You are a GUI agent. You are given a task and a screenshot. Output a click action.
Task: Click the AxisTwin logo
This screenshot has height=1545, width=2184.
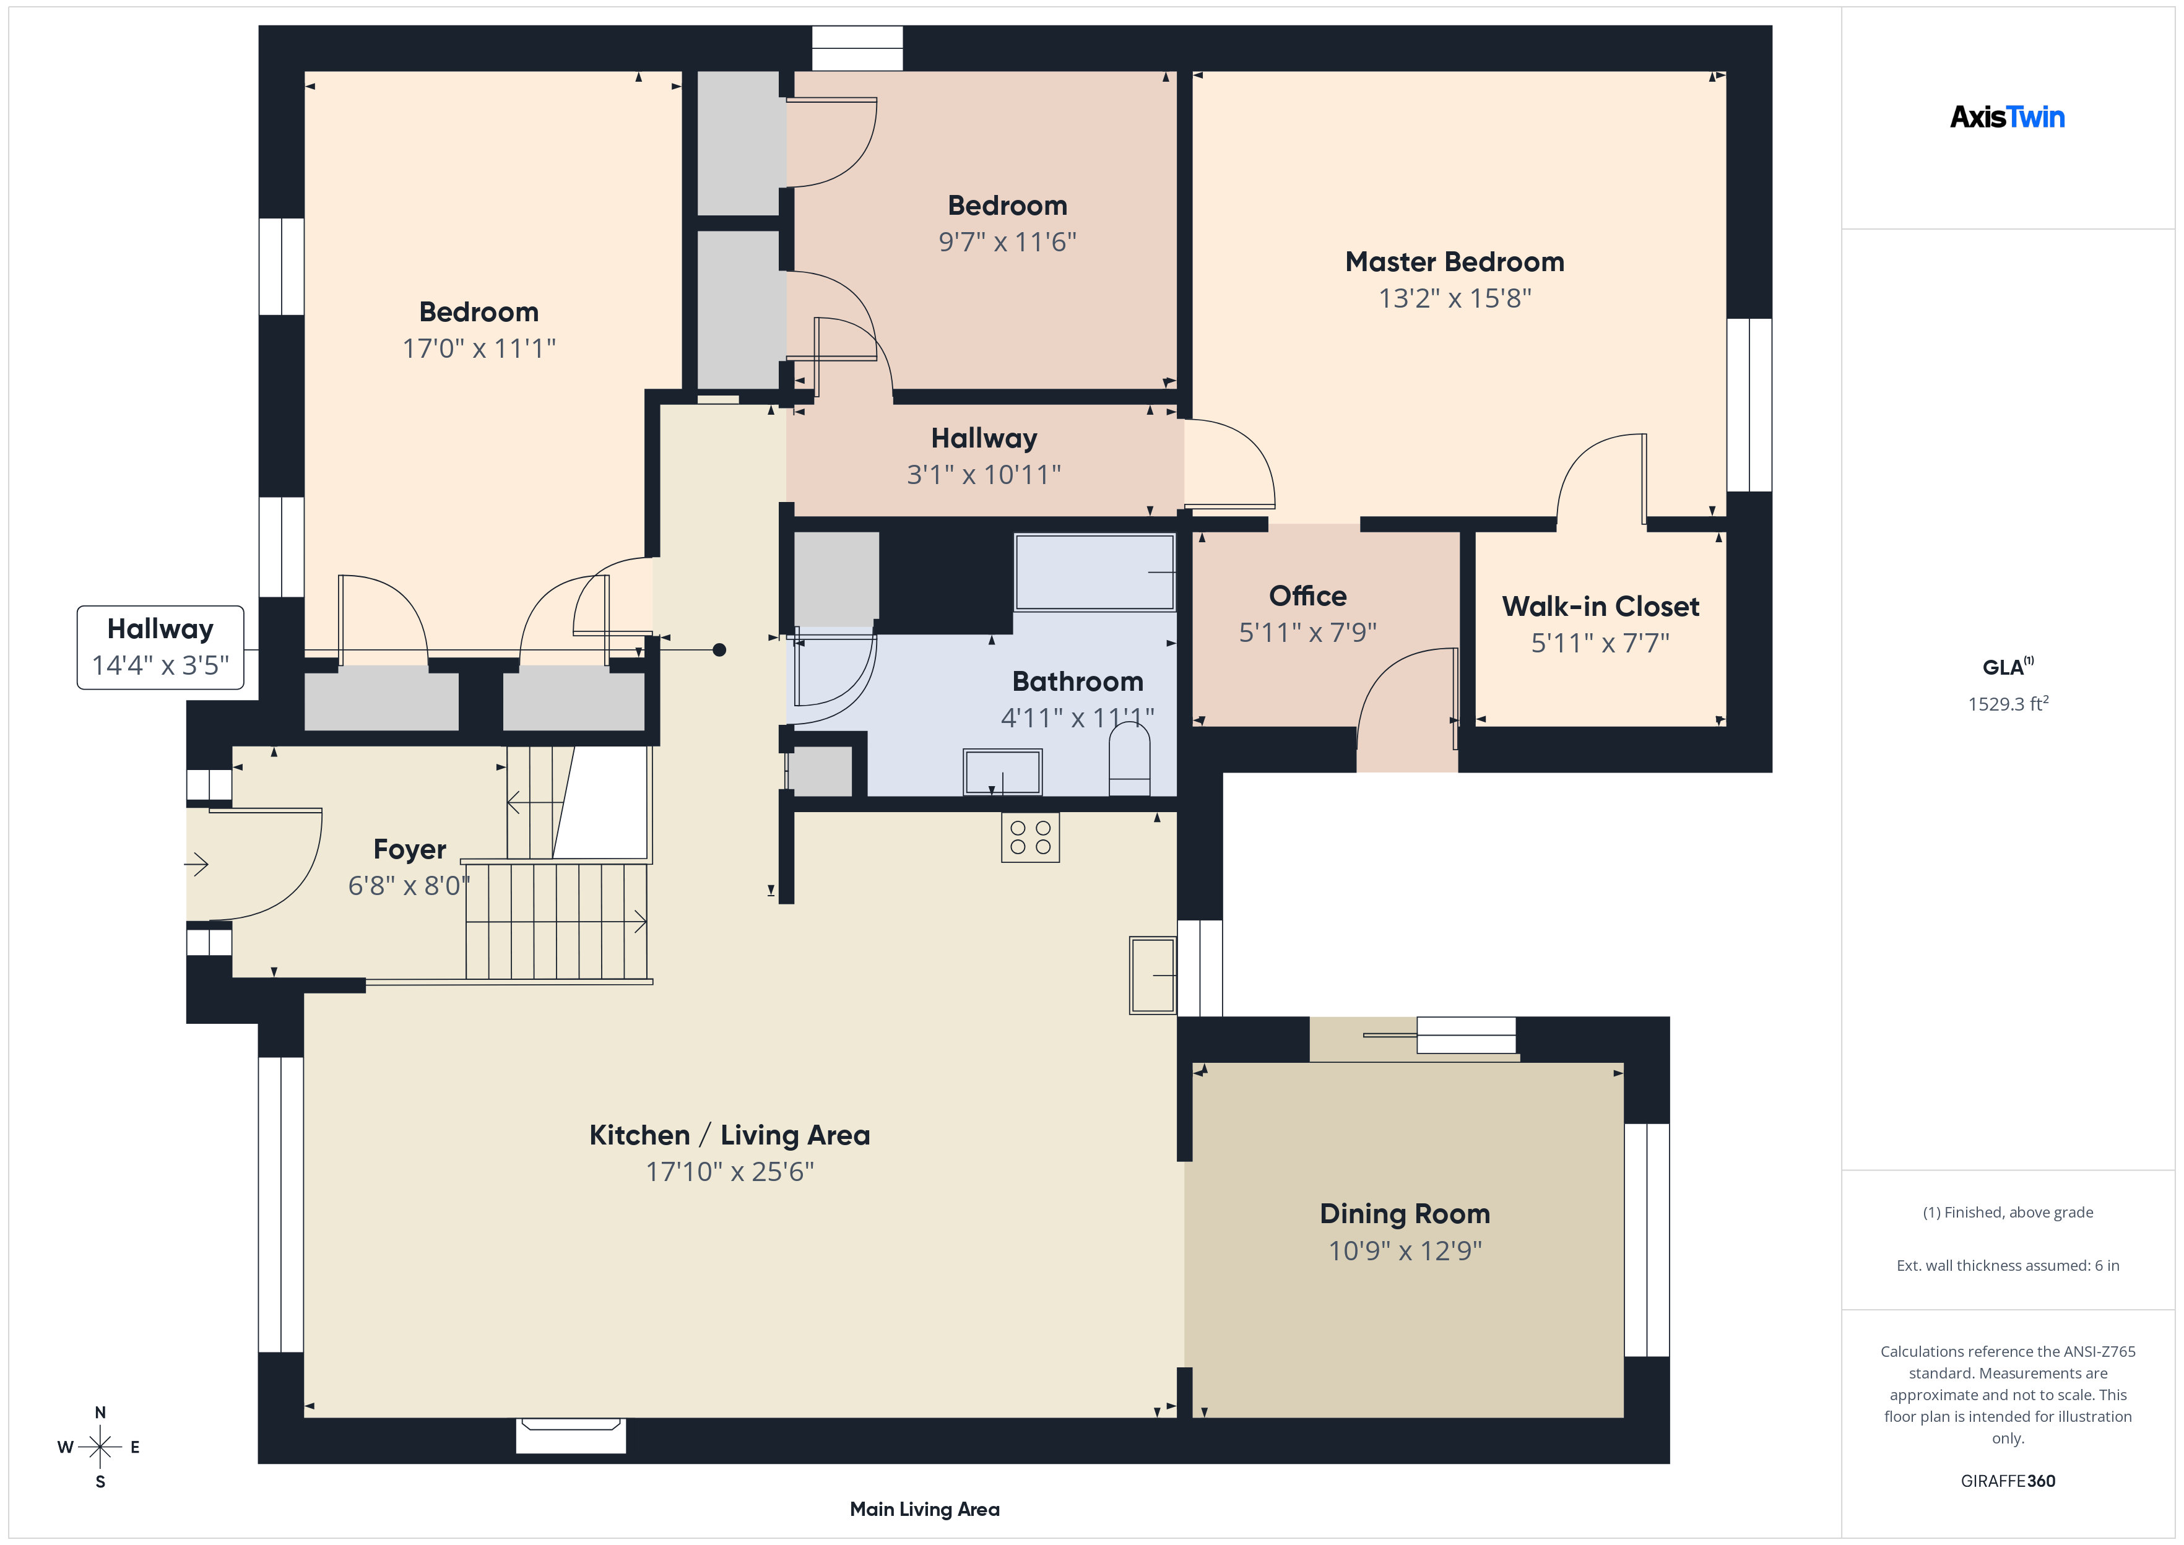(x=2006, y=117)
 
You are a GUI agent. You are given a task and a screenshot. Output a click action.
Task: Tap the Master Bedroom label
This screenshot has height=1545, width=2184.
(x=1454, y=262)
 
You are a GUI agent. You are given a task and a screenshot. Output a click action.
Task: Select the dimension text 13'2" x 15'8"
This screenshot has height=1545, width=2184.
(x=1454, y=299)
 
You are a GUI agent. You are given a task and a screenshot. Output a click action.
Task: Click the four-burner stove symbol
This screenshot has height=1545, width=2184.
(x=1029, y=837)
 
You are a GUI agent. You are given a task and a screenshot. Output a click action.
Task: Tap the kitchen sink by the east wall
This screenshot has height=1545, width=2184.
(x=1152, y=975)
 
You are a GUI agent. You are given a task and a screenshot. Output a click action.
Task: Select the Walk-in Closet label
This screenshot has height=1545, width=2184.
(x=1600, y=607)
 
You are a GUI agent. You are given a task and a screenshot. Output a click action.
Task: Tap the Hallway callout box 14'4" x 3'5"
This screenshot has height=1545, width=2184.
(x=160, y=647)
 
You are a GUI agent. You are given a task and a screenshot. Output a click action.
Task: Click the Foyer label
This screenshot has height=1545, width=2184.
(x=409, y=849)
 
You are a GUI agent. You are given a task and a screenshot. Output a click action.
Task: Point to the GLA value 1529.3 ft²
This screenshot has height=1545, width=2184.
(x=2007, y=704)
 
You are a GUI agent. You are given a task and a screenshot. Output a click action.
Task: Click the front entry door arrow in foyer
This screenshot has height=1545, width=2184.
(x=196, y=865)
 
